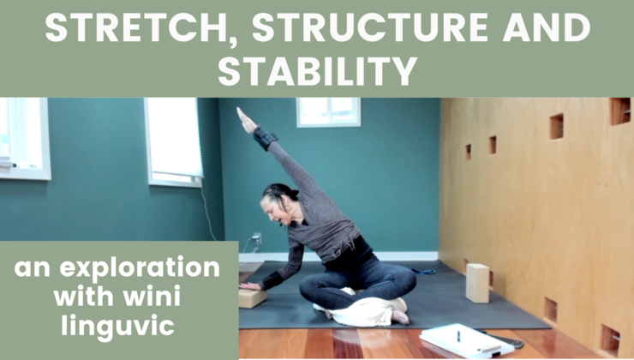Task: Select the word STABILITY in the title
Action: pyautogui.click(x=318, y=72)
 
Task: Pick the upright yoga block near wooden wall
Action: pyautogui.click(x=478, y=283)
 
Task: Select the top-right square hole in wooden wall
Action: pyautogui.click(x=619, y=110)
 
